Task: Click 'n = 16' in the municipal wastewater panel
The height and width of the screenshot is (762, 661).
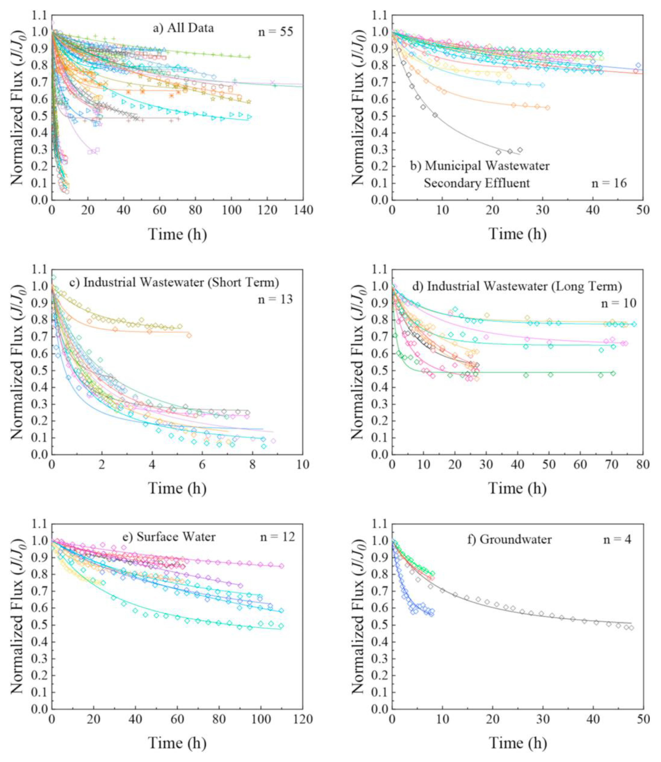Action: click(609, 183)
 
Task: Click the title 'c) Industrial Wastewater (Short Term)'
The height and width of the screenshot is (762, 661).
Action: click(181, 282)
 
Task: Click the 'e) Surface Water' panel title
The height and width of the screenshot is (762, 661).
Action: click(176, 537)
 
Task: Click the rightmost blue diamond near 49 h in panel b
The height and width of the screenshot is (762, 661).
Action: click(638, 66)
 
